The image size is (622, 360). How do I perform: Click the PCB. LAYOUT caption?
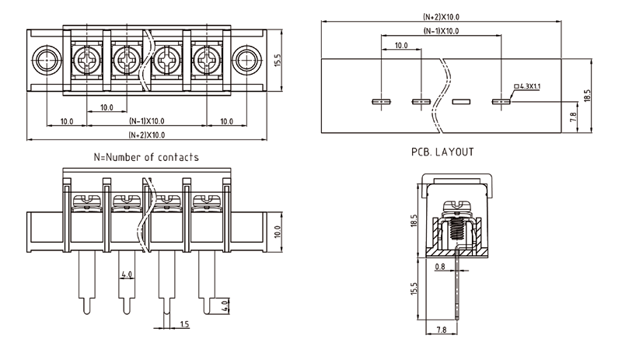click(x=442, y=152)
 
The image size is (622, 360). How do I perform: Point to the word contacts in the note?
click(x=176, y=157)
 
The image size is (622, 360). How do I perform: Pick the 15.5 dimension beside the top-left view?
click(x=278, y=58)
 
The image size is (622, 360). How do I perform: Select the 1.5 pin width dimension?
click(x=184, y=324)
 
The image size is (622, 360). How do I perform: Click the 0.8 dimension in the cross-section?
click(x=441, y=266)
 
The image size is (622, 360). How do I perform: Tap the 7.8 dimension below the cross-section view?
click(x=440, y=330)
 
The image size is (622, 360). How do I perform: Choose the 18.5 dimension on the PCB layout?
click(x=588, y=96)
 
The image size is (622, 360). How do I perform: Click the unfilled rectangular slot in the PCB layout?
click(x=462, y=101)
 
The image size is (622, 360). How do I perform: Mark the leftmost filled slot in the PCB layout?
click(x=381, y=101)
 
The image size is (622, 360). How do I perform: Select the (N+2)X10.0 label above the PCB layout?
click(x=441, y=17)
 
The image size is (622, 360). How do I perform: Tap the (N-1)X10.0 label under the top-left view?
click(x=146, y=121)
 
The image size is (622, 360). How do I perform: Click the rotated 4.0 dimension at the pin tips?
click(x=225, y=305)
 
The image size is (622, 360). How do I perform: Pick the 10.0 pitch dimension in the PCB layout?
click(x=400, y=46)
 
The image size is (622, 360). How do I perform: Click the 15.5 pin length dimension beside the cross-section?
click(x=415, y=290)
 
